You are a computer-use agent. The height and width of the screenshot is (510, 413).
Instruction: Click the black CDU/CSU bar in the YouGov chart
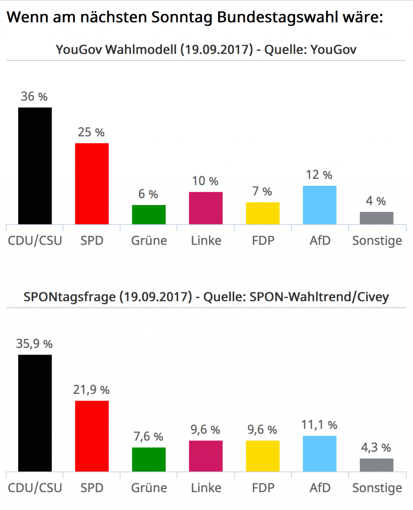pyautogui.click(x=35, y=166)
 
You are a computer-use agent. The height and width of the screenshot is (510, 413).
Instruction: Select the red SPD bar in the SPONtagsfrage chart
pyautogui.click(x=92, y=436)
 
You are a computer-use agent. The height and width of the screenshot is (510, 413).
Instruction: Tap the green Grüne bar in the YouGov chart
pyautogui.click(x=149, y=214)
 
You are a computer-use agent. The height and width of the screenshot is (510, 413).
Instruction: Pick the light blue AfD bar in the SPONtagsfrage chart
pyautogui.click(x=319, y=453)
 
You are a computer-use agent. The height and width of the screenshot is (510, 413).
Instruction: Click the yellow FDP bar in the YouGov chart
pyautogui.click(x=263, y=213)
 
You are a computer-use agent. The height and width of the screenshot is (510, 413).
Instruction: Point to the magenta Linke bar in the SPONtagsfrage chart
pyautogui.click(x=206, y=456)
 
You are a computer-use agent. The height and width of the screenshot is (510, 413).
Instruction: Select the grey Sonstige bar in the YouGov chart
pyautogui.click(x=376, y=218)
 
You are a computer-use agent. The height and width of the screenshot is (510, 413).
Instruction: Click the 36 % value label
pyautogui.click(x=34, y=97)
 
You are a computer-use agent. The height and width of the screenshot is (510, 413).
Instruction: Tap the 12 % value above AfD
pyautogui.click(x=319, y=175)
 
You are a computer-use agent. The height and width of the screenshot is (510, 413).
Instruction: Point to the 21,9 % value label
pyautogui.click(x=92, y=390)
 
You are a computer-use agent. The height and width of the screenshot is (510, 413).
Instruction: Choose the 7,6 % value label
pyautogui.click(x=148, y=437)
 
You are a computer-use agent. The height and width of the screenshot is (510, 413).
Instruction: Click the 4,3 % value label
pyautogui.click(x=376, y=447)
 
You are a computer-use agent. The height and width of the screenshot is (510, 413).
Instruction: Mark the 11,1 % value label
pyautogui.click(x=319, y=425)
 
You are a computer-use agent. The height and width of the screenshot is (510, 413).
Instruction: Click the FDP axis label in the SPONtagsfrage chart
pyautogui.click(x=263, y=488)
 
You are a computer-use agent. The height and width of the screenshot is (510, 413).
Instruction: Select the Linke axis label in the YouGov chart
pyautogui.click(x=206, y=241)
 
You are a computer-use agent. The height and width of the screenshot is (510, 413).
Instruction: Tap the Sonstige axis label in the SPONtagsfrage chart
pyautogui.click(x=377, y=488)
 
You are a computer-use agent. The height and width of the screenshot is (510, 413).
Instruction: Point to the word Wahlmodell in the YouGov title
pyautogui.click(x=141, y=50)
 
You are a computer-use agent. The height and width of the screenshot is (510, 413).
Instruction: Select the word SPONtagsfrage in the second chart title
pyautogui.click(x=69, y=297)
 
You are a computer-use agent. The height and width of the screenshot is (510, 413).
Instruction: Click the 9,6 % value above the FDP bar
pyautogui.click(x=262, y=430)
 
